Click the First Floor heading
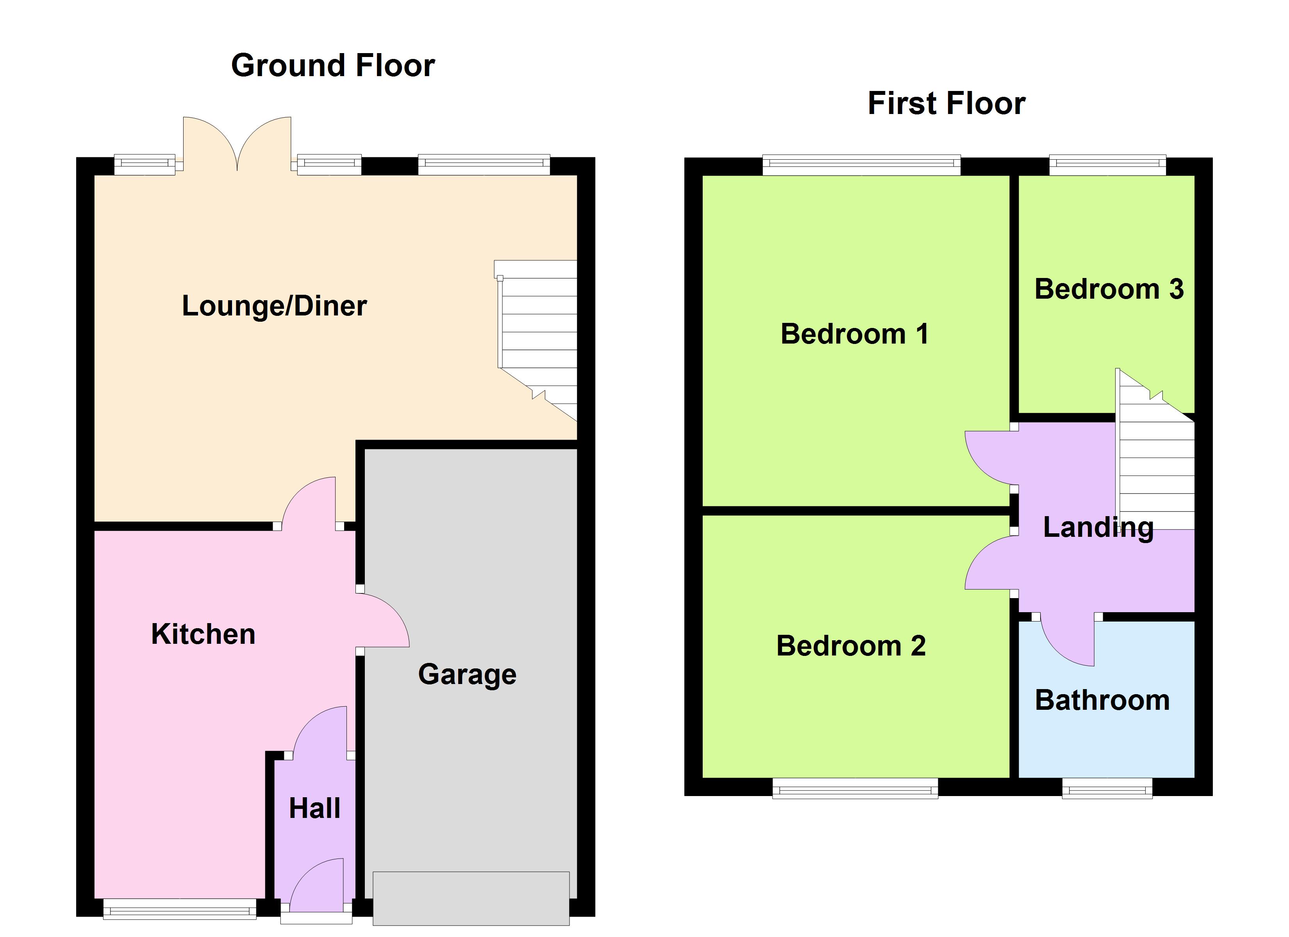[946, 103]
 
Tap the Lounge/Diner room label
[274, 306]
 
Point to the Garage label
[467, 675]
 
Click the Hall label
[314, 808]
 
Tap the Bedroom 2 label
[851, 646]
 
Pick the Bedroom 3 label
[1109, 289]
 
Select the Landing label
[1098, 527]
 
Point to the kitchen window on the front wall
[180, 908]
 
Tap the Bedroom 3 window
[1107, 165]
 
